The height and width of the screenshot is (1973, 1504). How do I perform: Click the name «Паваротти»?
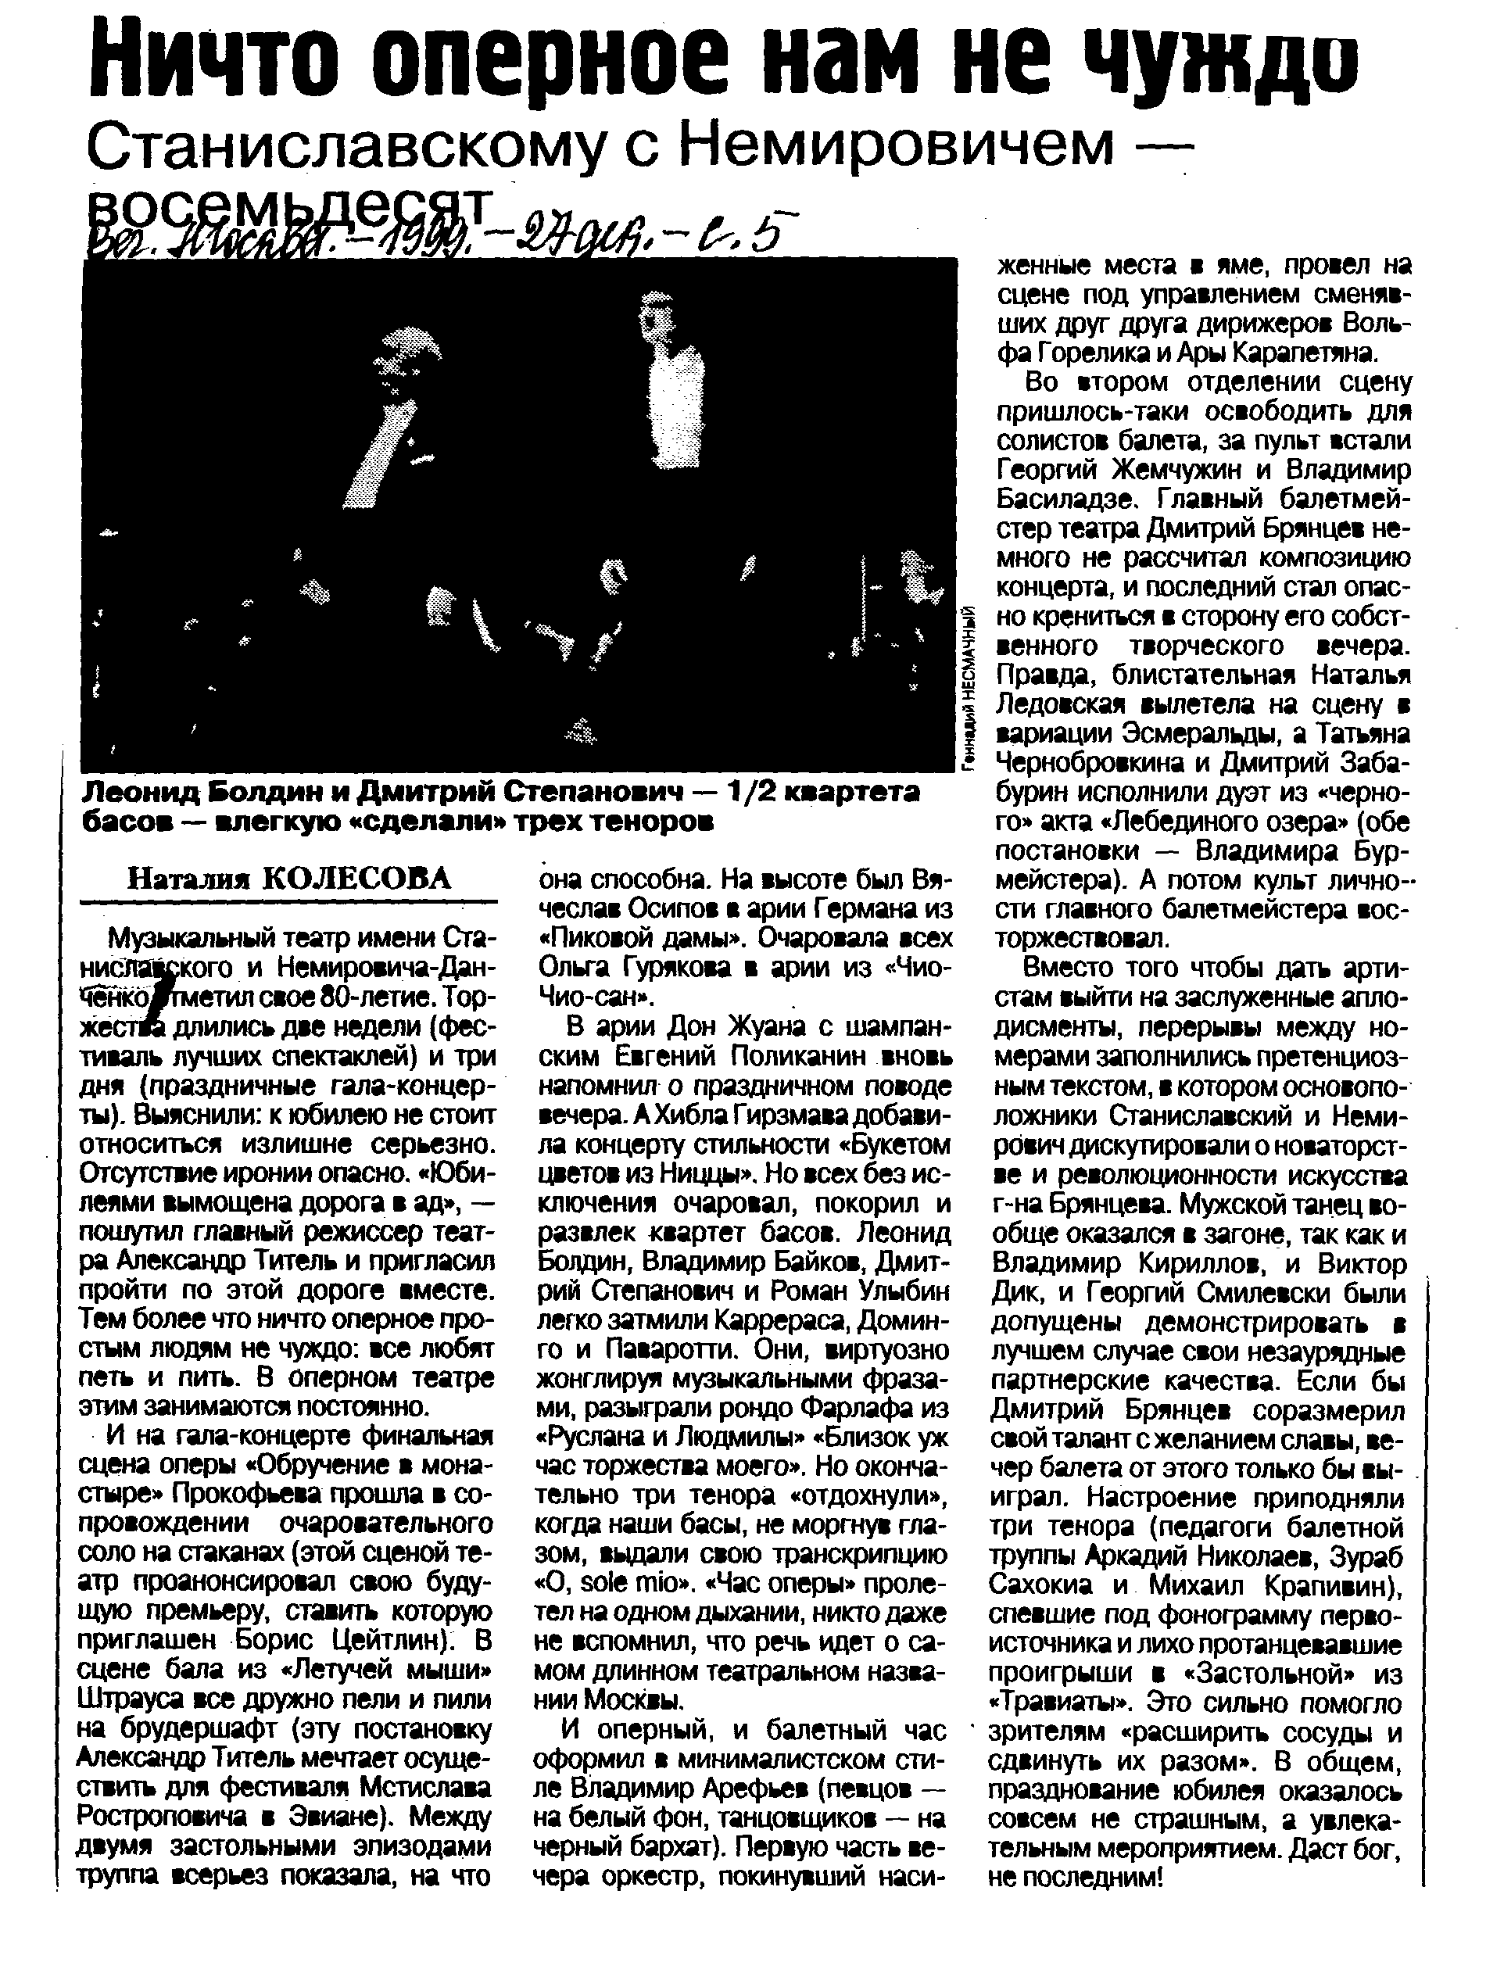tap(668, 1348)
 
